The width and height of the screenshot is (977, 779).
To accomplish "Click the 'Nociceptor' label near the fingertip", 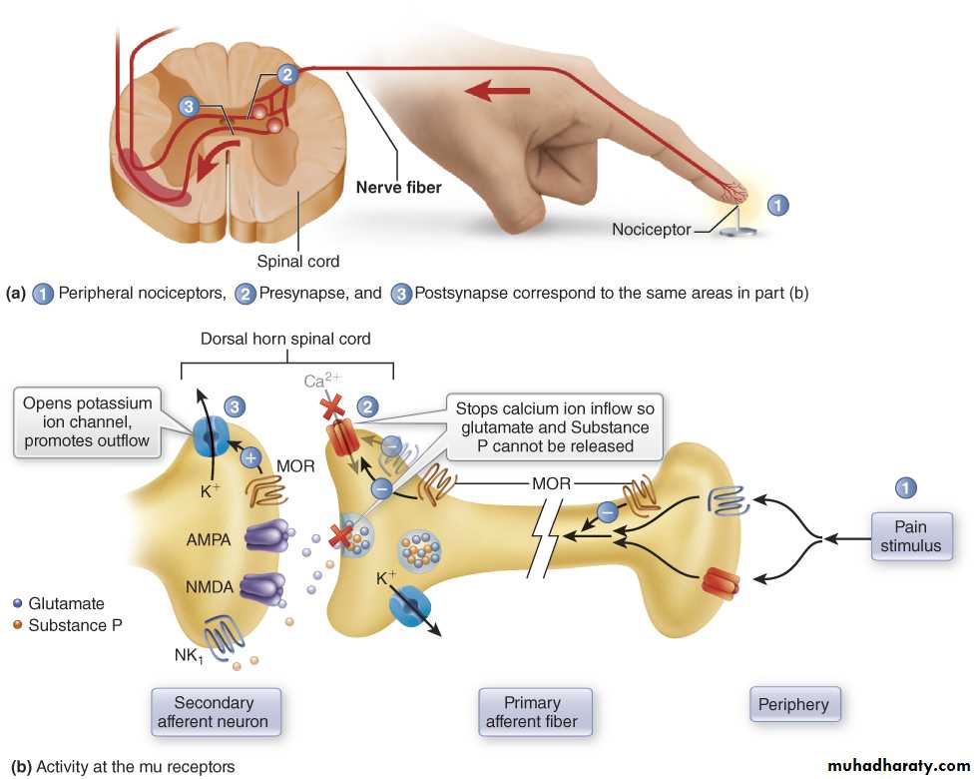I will click(x=651, y=230).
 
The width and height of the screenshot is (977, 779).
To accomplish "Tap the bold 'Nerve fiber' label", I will click(x=398, y=186).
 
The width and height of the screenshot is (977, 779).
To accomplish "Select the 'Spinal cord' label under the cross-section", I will click(x=298, y=262).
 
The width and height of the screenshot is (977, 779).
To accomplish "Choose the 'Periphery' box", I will click(x=793, y=704).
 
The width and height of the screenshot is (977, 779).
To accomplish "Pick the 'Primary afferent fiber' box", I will click(x=532, y=712).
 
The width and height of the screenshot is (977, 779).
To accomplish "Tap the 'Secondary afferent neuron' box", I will click(x=214, y=712).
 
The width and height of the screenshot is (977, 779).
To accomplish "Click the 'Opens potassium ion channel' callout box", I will click(x=88, y=421).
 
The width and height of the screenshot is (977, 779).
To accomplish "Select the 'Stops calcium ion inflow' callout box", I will click(x=555, y=426).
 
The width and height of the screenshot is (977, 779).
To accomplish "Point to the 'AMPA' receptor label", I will click(x=208, y=539).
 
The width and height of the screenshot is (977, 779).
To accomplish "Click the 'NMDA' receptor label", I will click(x=209, y=587).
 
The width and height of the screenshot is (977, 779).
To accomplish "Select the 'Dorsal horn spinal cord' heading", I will click(x=285, y=339).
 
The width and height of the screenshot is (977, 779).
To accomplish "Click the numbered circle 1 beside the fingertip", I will click(x=778, y=205).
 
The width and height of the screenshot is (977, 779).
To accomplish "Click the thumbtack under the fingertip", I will click(x=737, y=230).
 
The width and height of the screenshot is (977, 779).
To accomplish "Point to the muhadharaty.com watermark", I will click(x=898, y=766).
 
